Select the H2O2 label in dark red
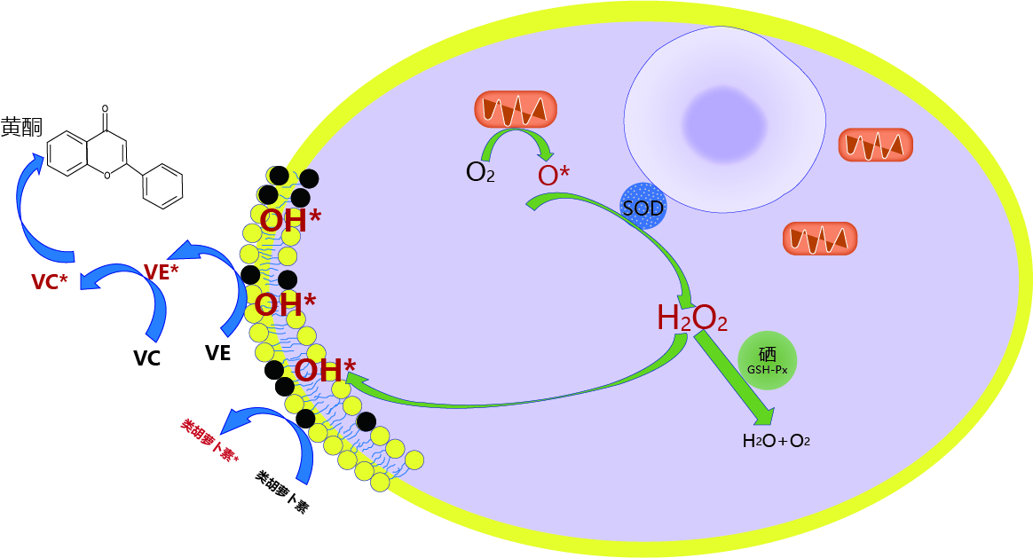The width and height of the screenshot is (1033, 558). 692,318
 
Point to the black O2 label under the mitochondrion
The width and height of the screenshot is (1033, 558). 480,171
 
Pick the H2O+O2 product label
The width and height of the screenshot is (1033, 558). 777,440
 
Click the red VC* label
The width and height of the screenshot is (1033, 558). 50,282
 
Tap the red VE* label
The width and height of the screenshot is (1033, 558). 161,272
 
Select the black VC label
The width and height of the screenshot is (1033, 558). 146,358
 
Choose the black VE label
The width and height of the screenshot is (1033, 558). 217,353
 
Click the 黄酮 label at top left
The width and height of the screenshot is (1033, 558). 21,127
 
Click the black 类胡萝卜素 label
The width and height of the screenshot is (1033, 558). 282,492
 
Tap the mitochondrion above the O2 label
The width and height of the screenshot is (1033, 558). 516,109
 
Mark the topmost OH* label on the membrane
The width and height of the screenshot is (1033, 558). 289,221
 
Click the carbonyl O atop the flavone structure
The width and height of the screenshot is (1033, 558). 106,112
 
